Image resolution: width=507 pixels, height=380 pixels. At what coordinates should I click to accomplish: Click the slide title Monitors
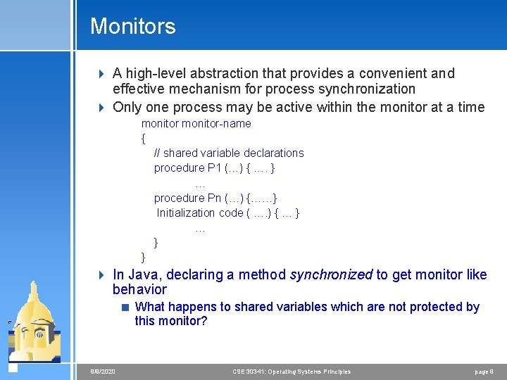click(132, 27)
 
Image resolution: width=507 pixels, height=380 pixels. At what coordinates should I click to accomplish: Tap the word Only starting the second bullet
click(127, 107)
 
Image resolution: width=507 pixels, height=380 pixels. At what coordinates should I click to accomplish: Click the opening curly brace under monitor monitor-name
click(144, 138)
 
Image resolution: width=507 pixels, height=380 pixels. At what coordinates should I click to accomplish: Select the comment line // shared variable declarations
click(229, 153)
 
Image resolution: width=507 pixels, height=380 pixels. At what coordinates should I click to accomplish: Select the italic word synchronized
click(330, 274)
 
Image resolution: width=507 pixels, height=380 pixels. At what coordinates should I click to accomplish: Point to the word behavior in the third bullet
click(139, 289)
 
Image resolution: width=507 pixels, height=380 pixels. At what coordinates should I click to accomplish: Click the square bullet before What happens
click(125, 307)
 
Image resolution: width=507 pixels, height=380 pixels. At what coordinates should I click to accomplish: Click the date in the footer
click(103, 372)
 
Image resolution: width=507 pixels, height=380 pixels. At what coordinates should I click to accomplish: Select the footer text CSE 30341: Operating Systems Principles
click(292, 372)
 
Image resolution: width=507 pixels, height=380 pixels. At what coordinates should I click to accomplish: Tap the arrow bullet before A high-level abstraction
click(101, 73)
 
